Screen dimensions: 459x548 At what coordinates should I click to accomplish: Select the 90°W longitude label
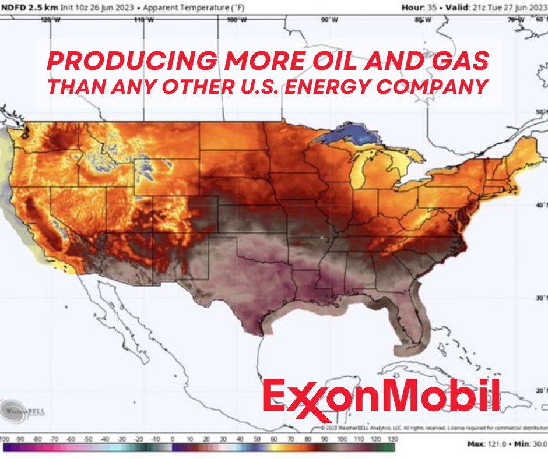[x=329, y=20]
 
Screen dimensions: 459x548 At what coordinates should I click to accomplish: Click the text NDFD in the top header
[x=16, y=7]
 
